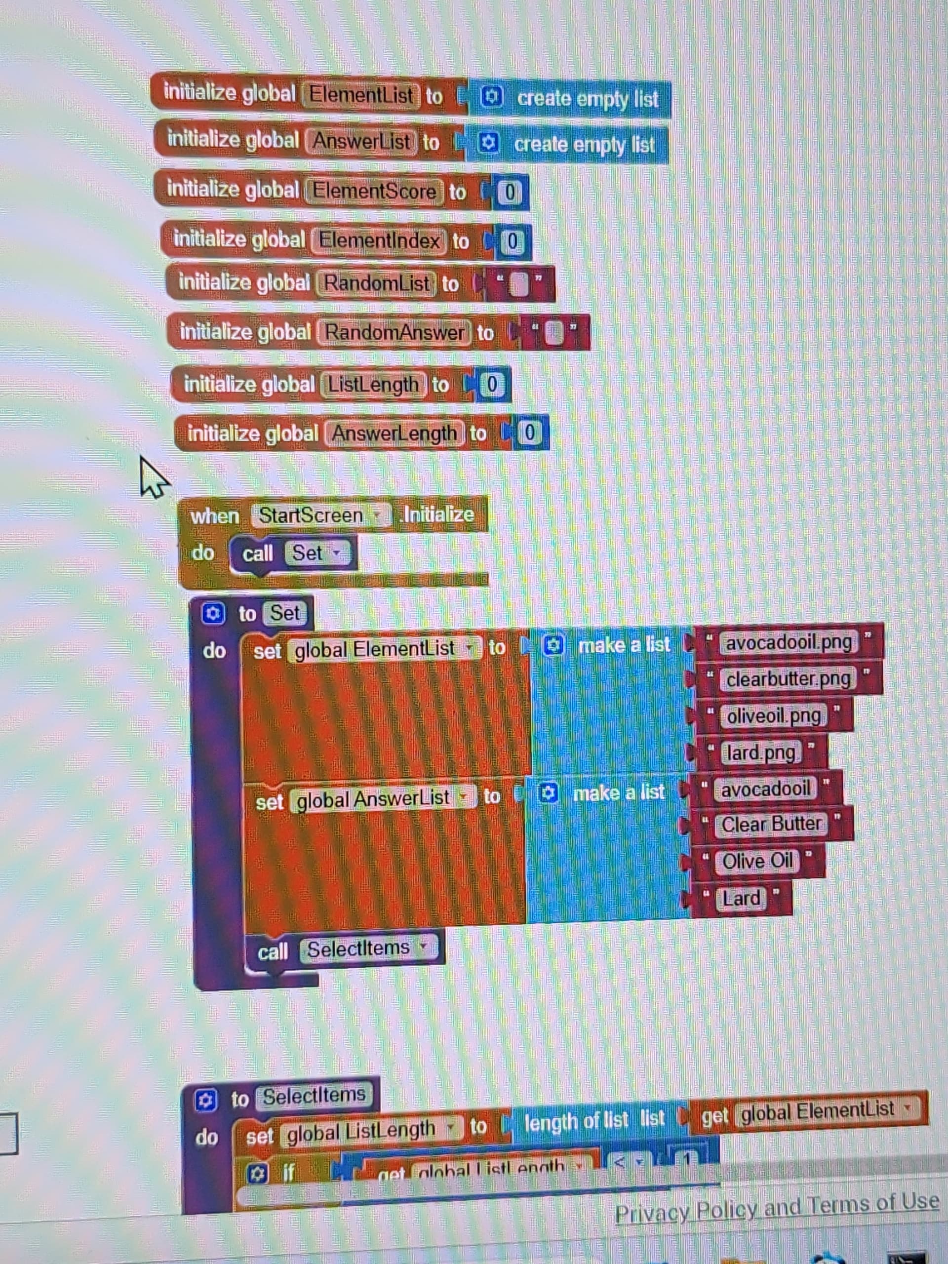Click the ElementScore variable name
coord(374,192)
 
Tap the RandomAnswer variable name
coord(395,332)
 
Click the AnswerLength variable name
coord(394,433)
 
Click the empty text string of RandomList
coord(518,284)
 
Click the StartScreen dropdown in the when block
coord(320,515)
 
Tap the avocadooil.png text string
coord(788,643)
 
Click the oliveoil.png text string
coord(774,716)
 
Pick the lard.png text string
coord(760,753)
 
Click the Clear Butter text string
coord(771,824)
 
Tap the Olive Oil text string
coord(757,861)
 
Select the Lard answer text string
coord(741,898)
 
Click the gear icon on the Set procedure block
coord(213,614)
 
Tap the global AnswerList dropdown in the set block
coord(383,798)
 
